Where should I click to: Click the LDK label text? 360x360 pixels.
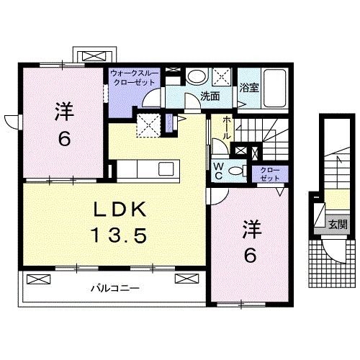pyautogui.click(x=121, y=210)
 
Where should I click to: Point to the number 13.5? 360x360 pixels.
pyautogui.click(x=120, y=235)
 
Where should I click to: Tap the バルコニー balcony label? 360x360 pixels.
pyautogui.click(x=114, y=289)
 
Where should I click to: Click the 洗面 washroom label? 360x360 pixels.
pyautogui.click(x=210, y=96)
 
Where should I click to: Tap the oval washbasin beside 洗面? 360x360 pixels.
pyautogui.click(x=195, y=77)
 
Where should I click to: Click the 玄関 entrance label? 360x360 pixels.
pyautogui.click(x=337, y=224)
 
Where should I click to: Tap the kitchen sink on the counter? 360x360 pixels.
pyautogui.click(x=166, y=169)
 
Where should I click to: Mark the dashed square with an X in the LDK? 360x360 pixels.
pyautogui.click(x=150, y=125)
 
